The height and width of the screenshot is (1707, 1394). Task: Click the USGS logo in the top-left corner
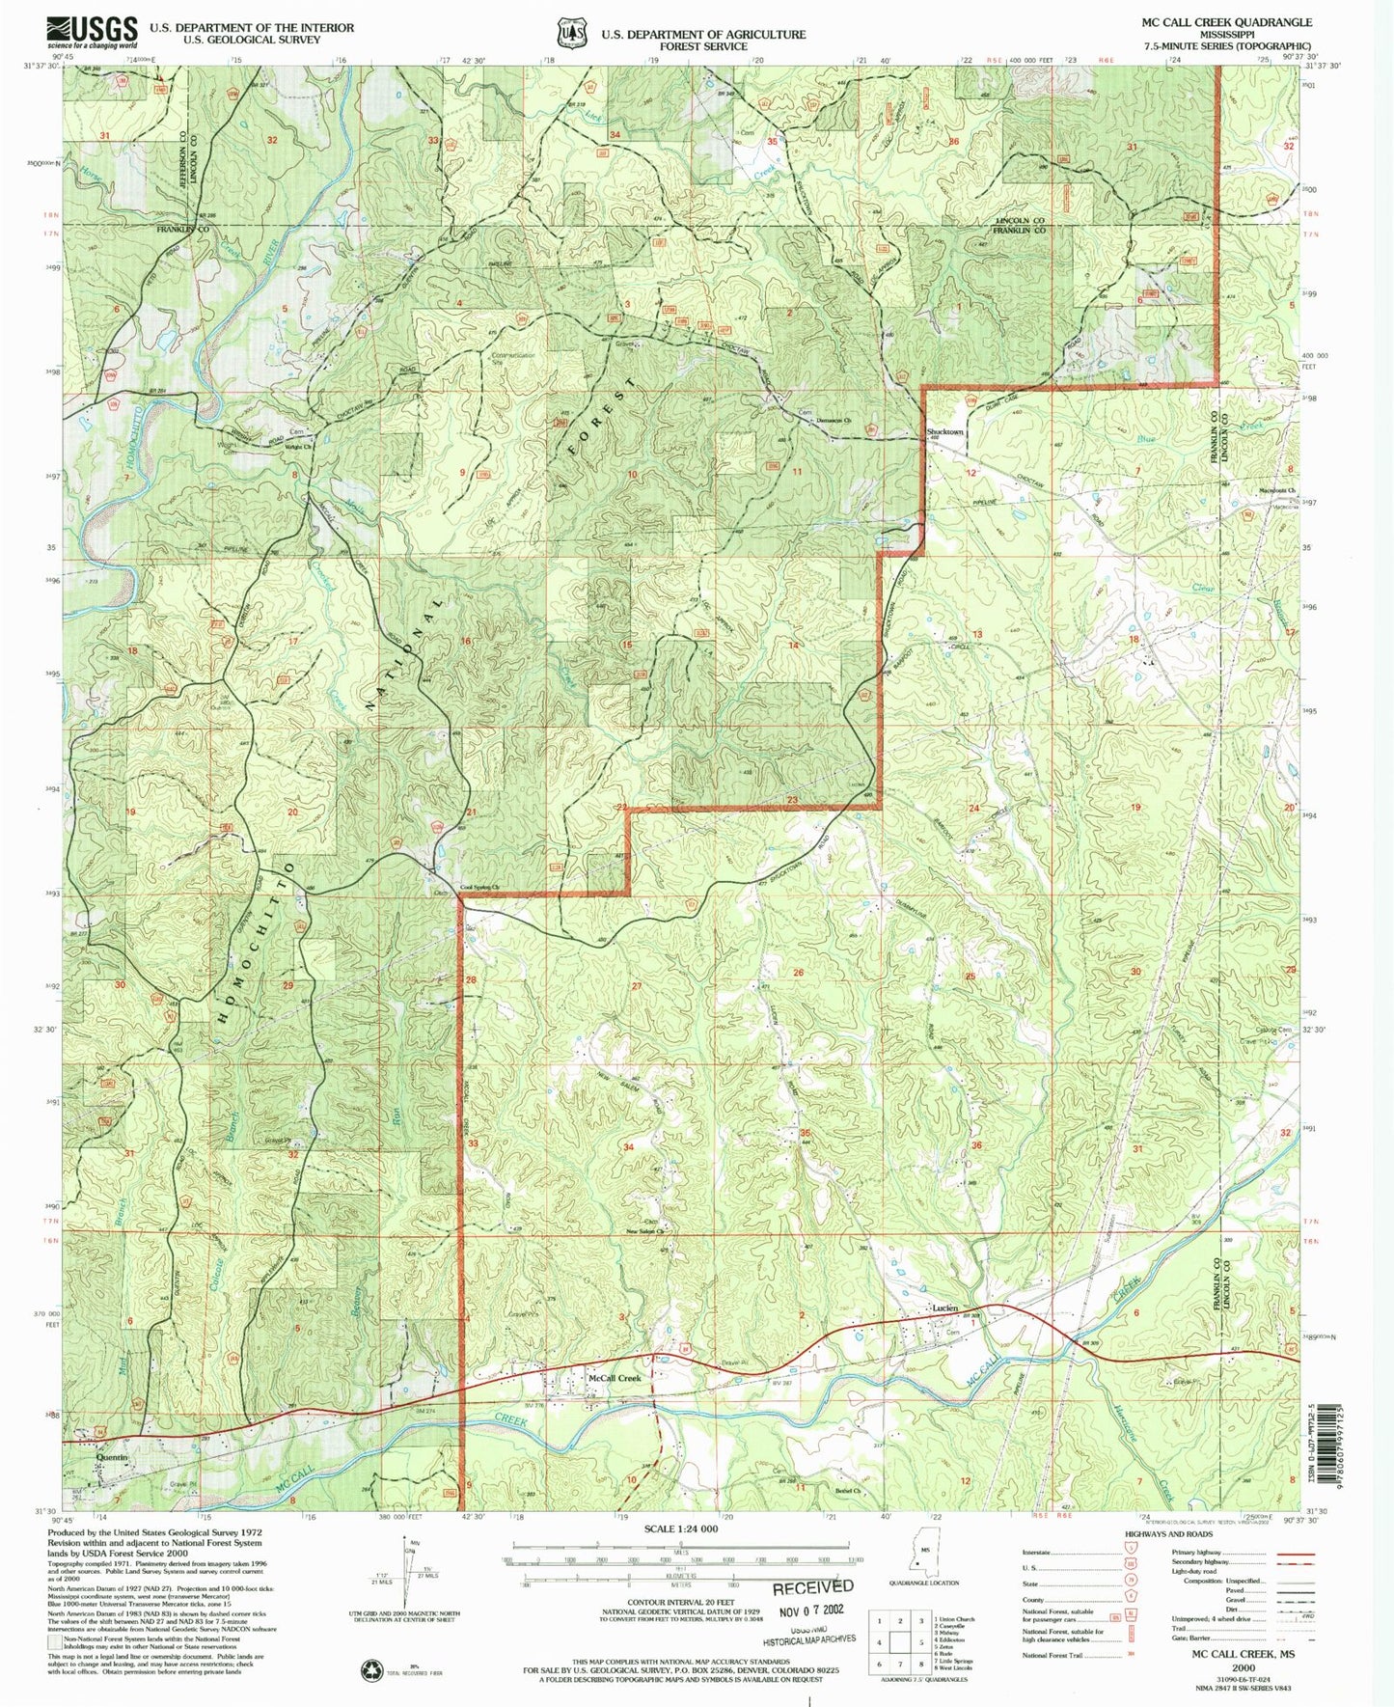pyautogui.click(x=92, y=32)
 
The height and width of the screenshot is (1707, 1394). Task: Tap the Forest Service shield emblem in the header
pyautogui.click(x=571, y=34)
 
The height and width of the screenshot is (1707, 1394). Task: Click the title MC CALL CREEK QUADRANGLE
pyautogui.click(x=1226, y=22)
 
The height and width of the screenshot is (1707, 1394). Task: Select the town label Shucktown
pyautogui.click(x=944, y=431)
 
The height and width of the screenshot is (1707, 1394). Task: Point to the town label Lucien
pyautogui.click(x=944, y=1308)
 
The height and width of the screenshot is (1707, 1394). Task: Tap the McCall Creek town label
pyautogui.click(x=615, y=1379)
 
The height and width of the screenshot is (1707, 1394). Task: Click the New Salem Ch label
pyautogui.click(x=647, y=1231)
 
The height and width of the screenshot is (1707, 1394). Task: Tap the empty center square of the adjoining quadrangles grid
pyautogui.click(x=900, y=1641)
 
